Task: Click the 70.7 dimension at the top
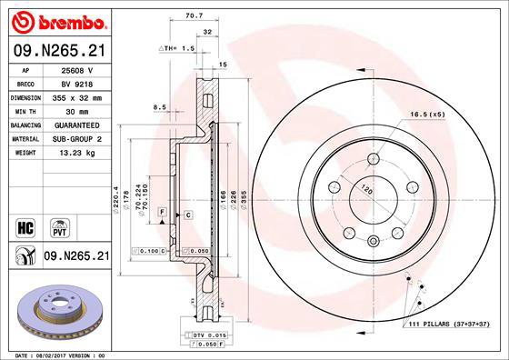tap(193, 15)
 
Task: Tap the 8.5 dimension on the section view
tap(160, 107)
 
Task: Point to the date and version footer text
tap(57, 355)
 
